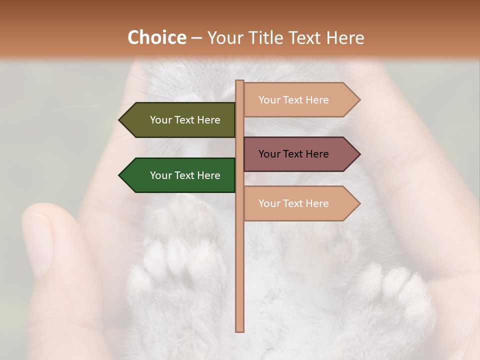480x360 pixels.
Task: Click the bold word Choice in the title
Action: [x=156, y=38]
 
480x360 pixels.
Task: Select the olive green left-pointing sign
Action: [x=180, y=120]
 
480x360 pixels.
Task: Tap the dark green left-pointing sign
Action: [x=180, y=175]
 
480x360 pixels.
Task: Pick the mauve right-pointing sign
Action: [x=297, y=154]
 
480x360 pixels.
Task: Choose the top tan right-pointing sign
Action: [x=297, y=100]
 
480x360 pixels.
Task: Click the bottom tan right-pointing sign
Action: [x=297, y=203]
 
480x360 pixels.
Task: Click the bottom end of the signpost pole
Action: [x=240, y=330]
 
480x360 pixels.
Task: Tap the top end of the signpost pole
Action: [x=240, y=82]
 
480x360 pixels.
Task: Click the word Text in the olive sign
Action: [x=185, y=120]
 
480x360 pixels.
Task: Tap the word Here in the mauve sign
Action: [x=317, y=154]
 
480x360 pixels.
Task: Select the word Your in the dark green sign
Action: [x=161, y=175]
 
